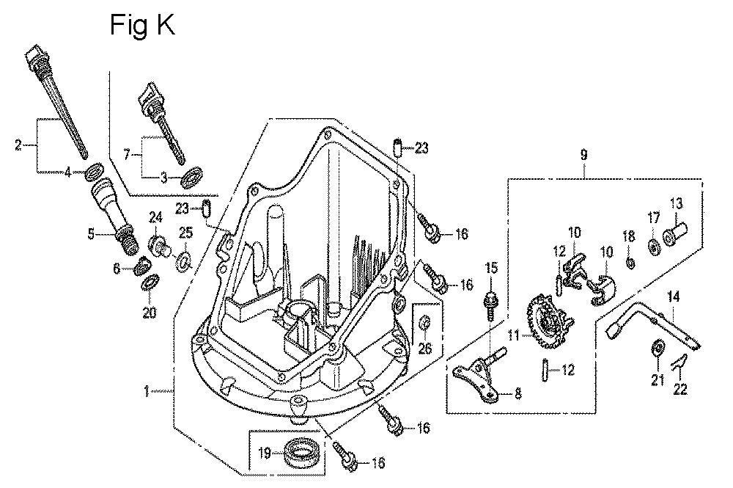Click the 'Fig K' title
pos(142,24)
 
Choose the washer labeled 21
pos(658,348)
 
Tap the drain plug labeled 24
pos(159,245)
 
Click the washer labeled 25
pos(185,258)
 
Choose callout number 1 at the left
pos(147,392)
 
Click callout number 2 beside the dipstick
pos(18,145)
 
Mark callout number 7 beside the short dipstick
pos(128,156)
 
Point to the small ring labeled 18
pos(629,261)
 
